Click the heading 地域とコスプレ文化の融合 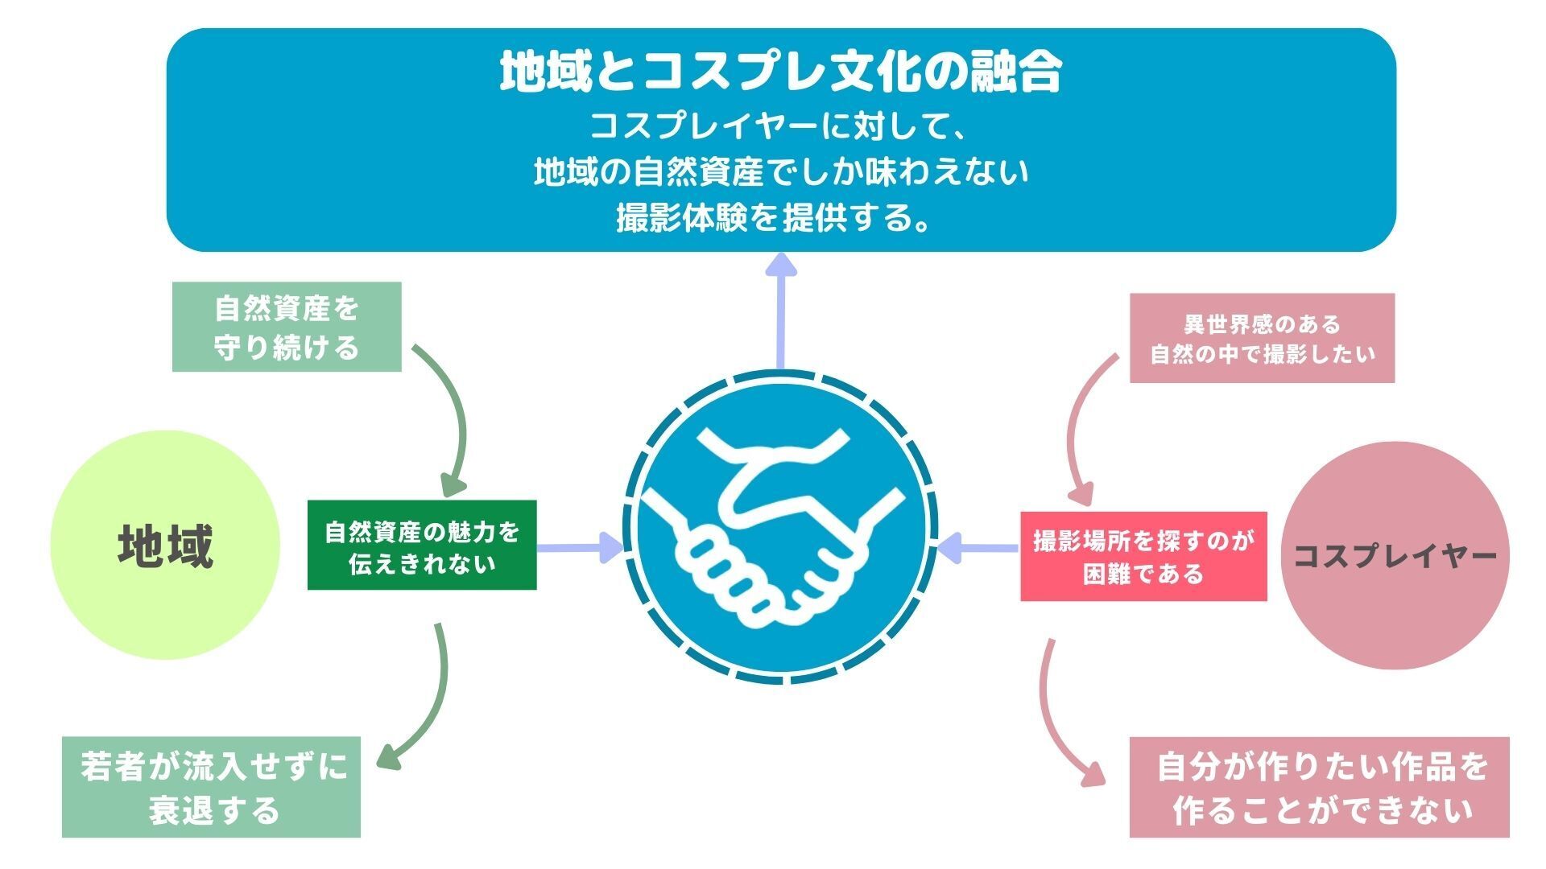coord(779,72)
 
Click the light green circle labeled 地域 coord(166,546)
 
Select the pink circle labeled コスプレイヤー coord(1395,555)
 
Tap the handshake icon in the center coord(779,528)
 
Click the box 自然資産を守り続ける coord(287,327)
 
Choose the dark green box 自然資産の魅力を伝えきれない coord(422,546)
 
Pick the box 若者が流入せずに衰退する coord(211,787)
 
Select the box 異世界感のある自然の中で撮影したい coord(1262,338)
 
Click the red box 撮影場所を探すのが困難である coord(1143,556)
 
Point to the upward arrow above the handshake coord(779,310)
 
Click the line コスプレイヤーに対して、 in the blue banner coord(779,127)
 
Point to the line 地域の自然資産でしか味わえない coord(779,172)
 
